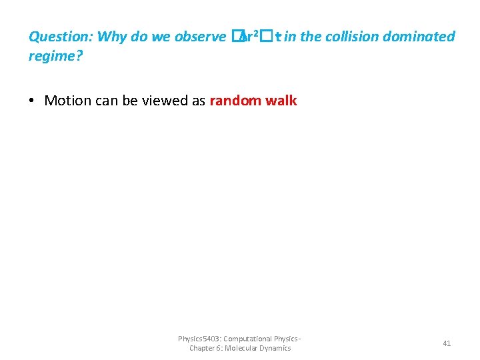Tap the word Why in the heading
click(111, 37)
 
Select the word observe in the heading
click(201, 37)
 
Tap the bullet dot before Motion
click(32, 101)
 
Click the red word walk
click(283, 101)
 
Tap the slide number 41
click(447, 343)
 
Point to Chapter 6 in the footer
click(205, 348)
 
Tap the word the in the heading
click(311, 37)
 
